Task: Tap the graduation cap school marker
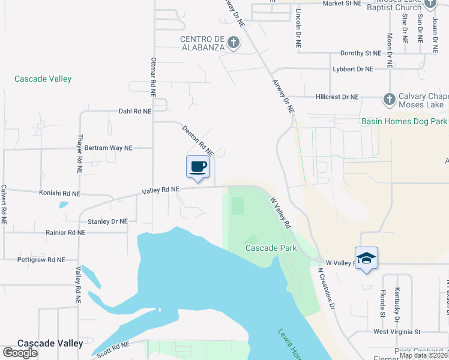tap(366, 259)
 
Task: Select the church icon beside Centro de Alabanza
tap(234, 42)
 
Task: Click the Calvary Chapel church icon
tap(388, 98)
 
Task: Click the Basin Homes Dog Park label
tap(404, 121)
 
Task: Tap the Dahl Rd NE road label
tap(135, 111)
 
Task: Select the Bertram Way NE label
tap(108, 148)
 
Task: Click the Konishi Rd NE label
tap(59, 194)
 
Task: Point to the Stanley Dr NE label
tap(107, 221)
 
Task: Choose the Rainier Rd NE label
tap(65, 232)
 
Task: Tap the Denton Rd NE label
tap(197, 139)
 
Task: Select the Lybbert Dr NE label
tap(353, 69)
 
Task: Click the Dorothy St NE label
tap(360, 53)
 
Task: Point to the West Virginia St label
tap(397, 331)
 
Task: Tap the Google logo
tap(20, 353)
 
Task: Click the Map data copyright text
tap(423, 355)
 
